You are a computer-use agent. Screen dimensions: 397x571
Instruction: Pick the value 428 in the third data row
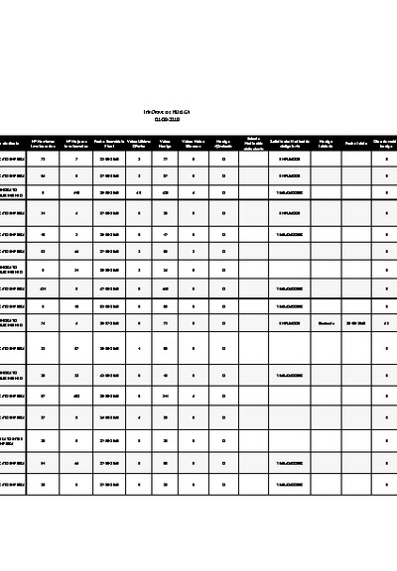tap(165, 193)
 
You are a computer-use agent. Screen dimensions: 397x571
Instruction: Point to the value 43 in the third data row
tap(139, 193)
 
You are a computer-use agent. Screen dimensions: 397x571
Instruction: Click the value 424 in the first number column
tap(43, 288)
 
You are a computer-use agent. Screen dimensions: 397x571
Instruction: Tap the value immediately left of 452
tap(43, 396)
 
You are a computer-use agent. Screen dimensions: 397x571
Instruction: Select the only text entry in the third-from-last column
tap(326, 322)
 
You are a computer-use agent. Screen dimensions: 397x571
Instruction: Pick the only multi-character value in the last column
tap(386, 322)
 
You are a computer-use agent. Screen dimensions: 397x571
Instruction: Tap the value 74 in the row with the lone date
tap(43, 322)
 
